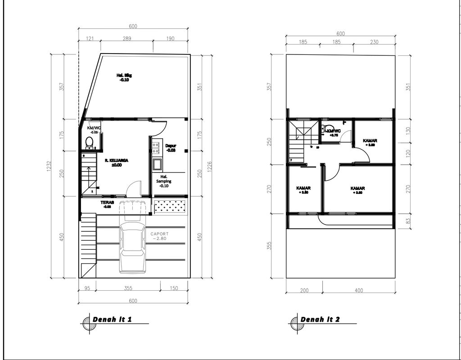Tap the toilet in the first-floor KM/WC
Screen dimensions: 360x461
(89, 143)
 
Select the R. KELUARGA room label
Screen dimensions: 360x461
(117, 162)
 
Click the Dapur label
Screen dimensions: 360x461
(170, 148)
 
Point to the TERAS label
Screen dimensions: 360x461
(107, 204)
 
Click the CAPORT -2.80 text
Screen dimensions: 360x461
(160, 236)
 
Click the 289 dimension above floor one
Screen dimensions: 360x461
(127, 39)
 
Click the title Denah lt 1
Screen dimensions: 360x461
(112, 319)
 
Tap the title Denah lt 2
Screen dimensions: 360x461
(320, 319)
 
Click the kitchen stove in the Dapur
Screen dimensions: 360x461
(157, 145)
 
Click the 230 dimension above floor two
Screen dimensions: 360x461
(374, 42)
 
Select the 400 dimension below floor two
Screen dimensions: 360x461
(358, 290)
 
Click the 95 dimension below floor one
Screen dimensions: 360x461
(87, 288)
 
